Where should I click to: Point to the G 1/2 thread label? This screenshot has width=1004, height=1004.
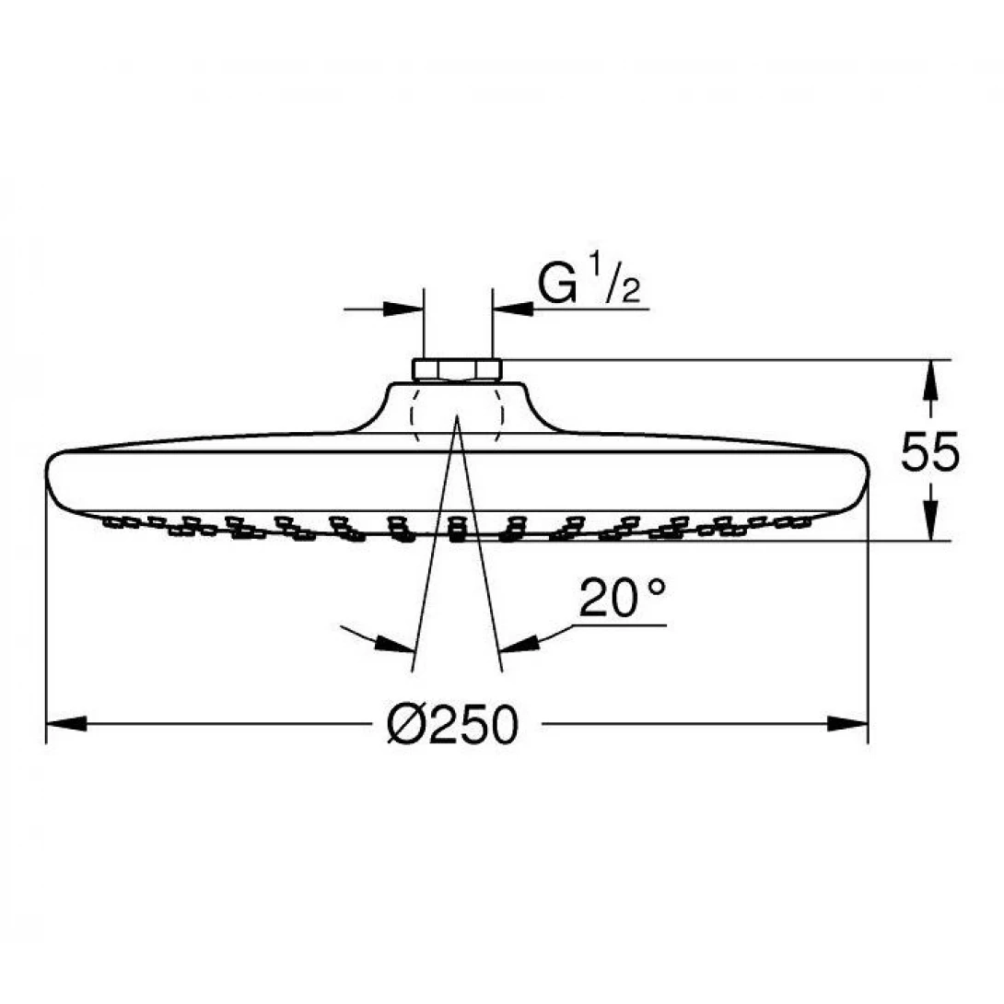[x=589, y=286]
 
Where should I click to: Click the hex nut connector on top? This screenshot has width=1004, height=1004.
[x=457, y=370]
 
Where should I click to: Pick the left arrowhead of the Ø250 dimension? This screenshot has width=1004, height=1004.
[x=64, y=724]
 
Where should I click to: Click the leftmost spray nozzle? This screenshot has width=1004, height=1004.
[x=113, y=522]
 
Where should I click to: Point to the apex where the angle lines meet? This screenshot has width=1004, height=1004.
[x=457, y=419]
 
